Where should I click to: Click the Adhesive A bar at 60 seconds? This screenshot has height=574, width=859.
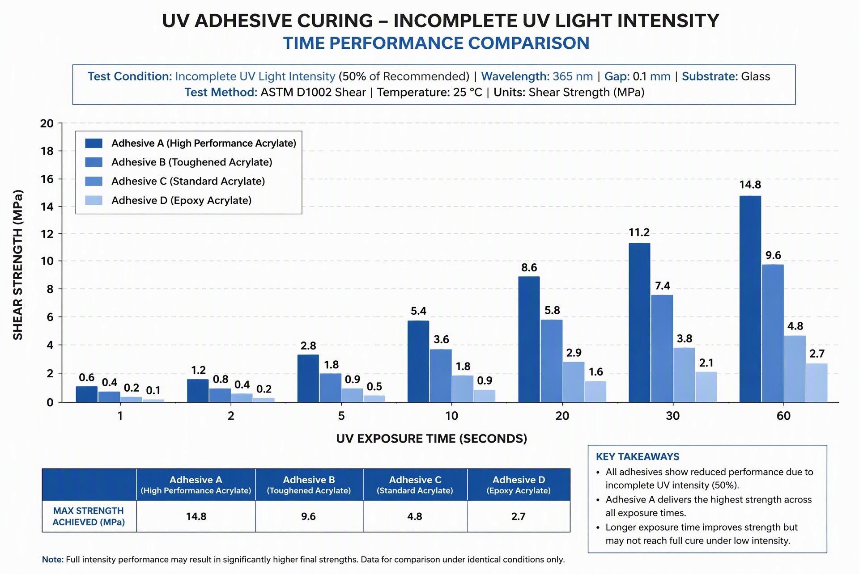(750, 299)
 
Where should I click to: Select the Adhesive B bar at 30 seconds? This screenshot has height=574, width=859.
(662, 348)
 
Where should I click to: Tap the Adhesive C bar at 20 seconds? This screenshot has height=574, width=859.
(574, 382)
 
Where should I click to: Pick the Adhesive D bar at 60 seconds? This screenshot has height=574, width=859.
(816, 383)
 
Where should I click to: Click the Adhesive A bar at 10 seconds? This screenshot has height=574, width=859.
(418, 361)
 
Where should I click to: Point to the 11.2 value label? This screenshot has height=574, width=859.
(639, 232)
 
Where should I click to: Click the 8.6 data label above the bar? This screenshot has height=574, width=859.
(529, 267)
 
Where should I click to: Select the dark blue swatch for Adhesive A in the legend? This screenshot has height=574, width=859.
(94, 143)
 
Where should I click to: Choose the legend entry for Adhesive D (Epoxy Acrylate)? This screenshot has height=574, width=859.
(169, 200)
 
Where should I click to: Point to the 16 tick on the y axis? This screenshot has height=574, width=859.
(47, 179)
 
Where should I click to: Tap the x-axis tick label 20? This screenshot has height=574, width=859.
(562, 416)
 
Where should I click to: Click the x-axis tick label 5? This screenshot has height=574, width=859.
(341, 416)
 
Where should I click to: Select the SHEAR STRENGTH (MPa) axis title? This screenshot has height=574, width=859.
(18, 265)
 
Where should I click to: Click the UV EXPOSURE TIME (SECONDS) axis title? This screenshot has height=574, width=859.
(432, 439)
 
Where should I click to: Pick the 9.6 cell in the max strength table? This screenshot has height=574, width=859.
(308, 516)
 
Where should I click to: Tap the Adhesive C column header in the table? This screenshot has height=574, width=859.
(415, 485)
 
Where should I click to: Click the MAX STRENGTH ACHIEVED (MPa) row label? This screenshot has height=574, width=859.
(89, 516)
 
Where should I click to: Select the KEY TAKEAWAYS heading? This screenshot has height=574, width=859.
(638, 456)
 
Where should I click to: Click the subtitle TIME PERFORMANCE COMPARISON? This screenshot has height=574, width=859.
(436, 43)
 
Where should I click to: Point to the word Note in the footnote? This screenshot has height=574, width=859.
(53, 559)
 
